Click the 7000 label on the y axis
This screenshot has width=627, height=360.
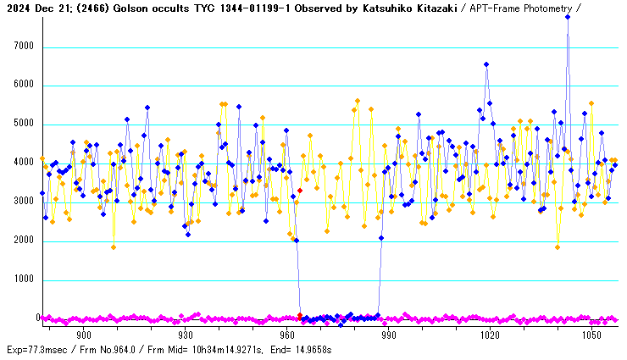coord(24,47)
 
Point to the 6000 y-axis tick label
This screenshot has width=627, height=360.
coord(24,86)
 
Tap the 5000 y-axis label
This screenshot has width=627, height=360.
coord(24,125)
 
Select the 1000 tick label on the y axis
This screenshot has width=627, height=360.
coord(24,280)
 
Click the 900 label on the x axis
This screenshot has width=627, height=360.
coord(84,335)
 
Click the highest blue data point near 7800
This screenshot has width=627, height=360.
coord(568,17)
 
